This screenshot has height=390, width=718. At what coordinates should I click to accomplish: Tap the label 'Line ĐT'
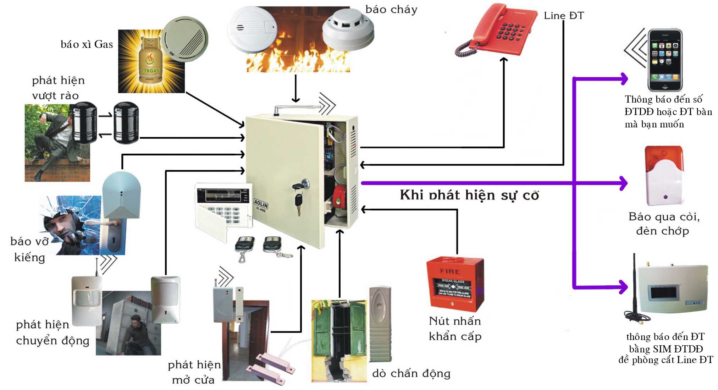tap(563, 16)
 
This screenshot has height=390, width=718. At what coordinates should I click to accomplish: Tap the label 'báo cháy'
tap(391, 10)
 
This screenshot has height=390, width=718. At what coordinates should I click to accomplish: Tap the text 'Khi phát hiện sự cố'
tap(469, 195)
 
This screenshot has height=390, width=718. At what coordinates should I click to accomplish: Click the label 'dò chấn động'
tap(411, 373)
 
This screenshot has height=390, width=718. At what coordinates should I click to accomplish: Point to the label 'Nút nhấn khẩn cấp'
tap(455, 329)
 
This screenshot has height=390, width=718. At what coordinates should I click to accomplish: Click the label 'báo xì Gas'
tap(87, 45)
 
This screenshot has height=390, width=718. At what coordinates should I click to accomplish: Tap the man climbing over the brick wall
tap(53, 142)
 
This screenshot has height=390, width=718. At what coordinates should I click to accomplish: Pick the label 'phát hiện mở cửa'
tap(194, 372)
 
